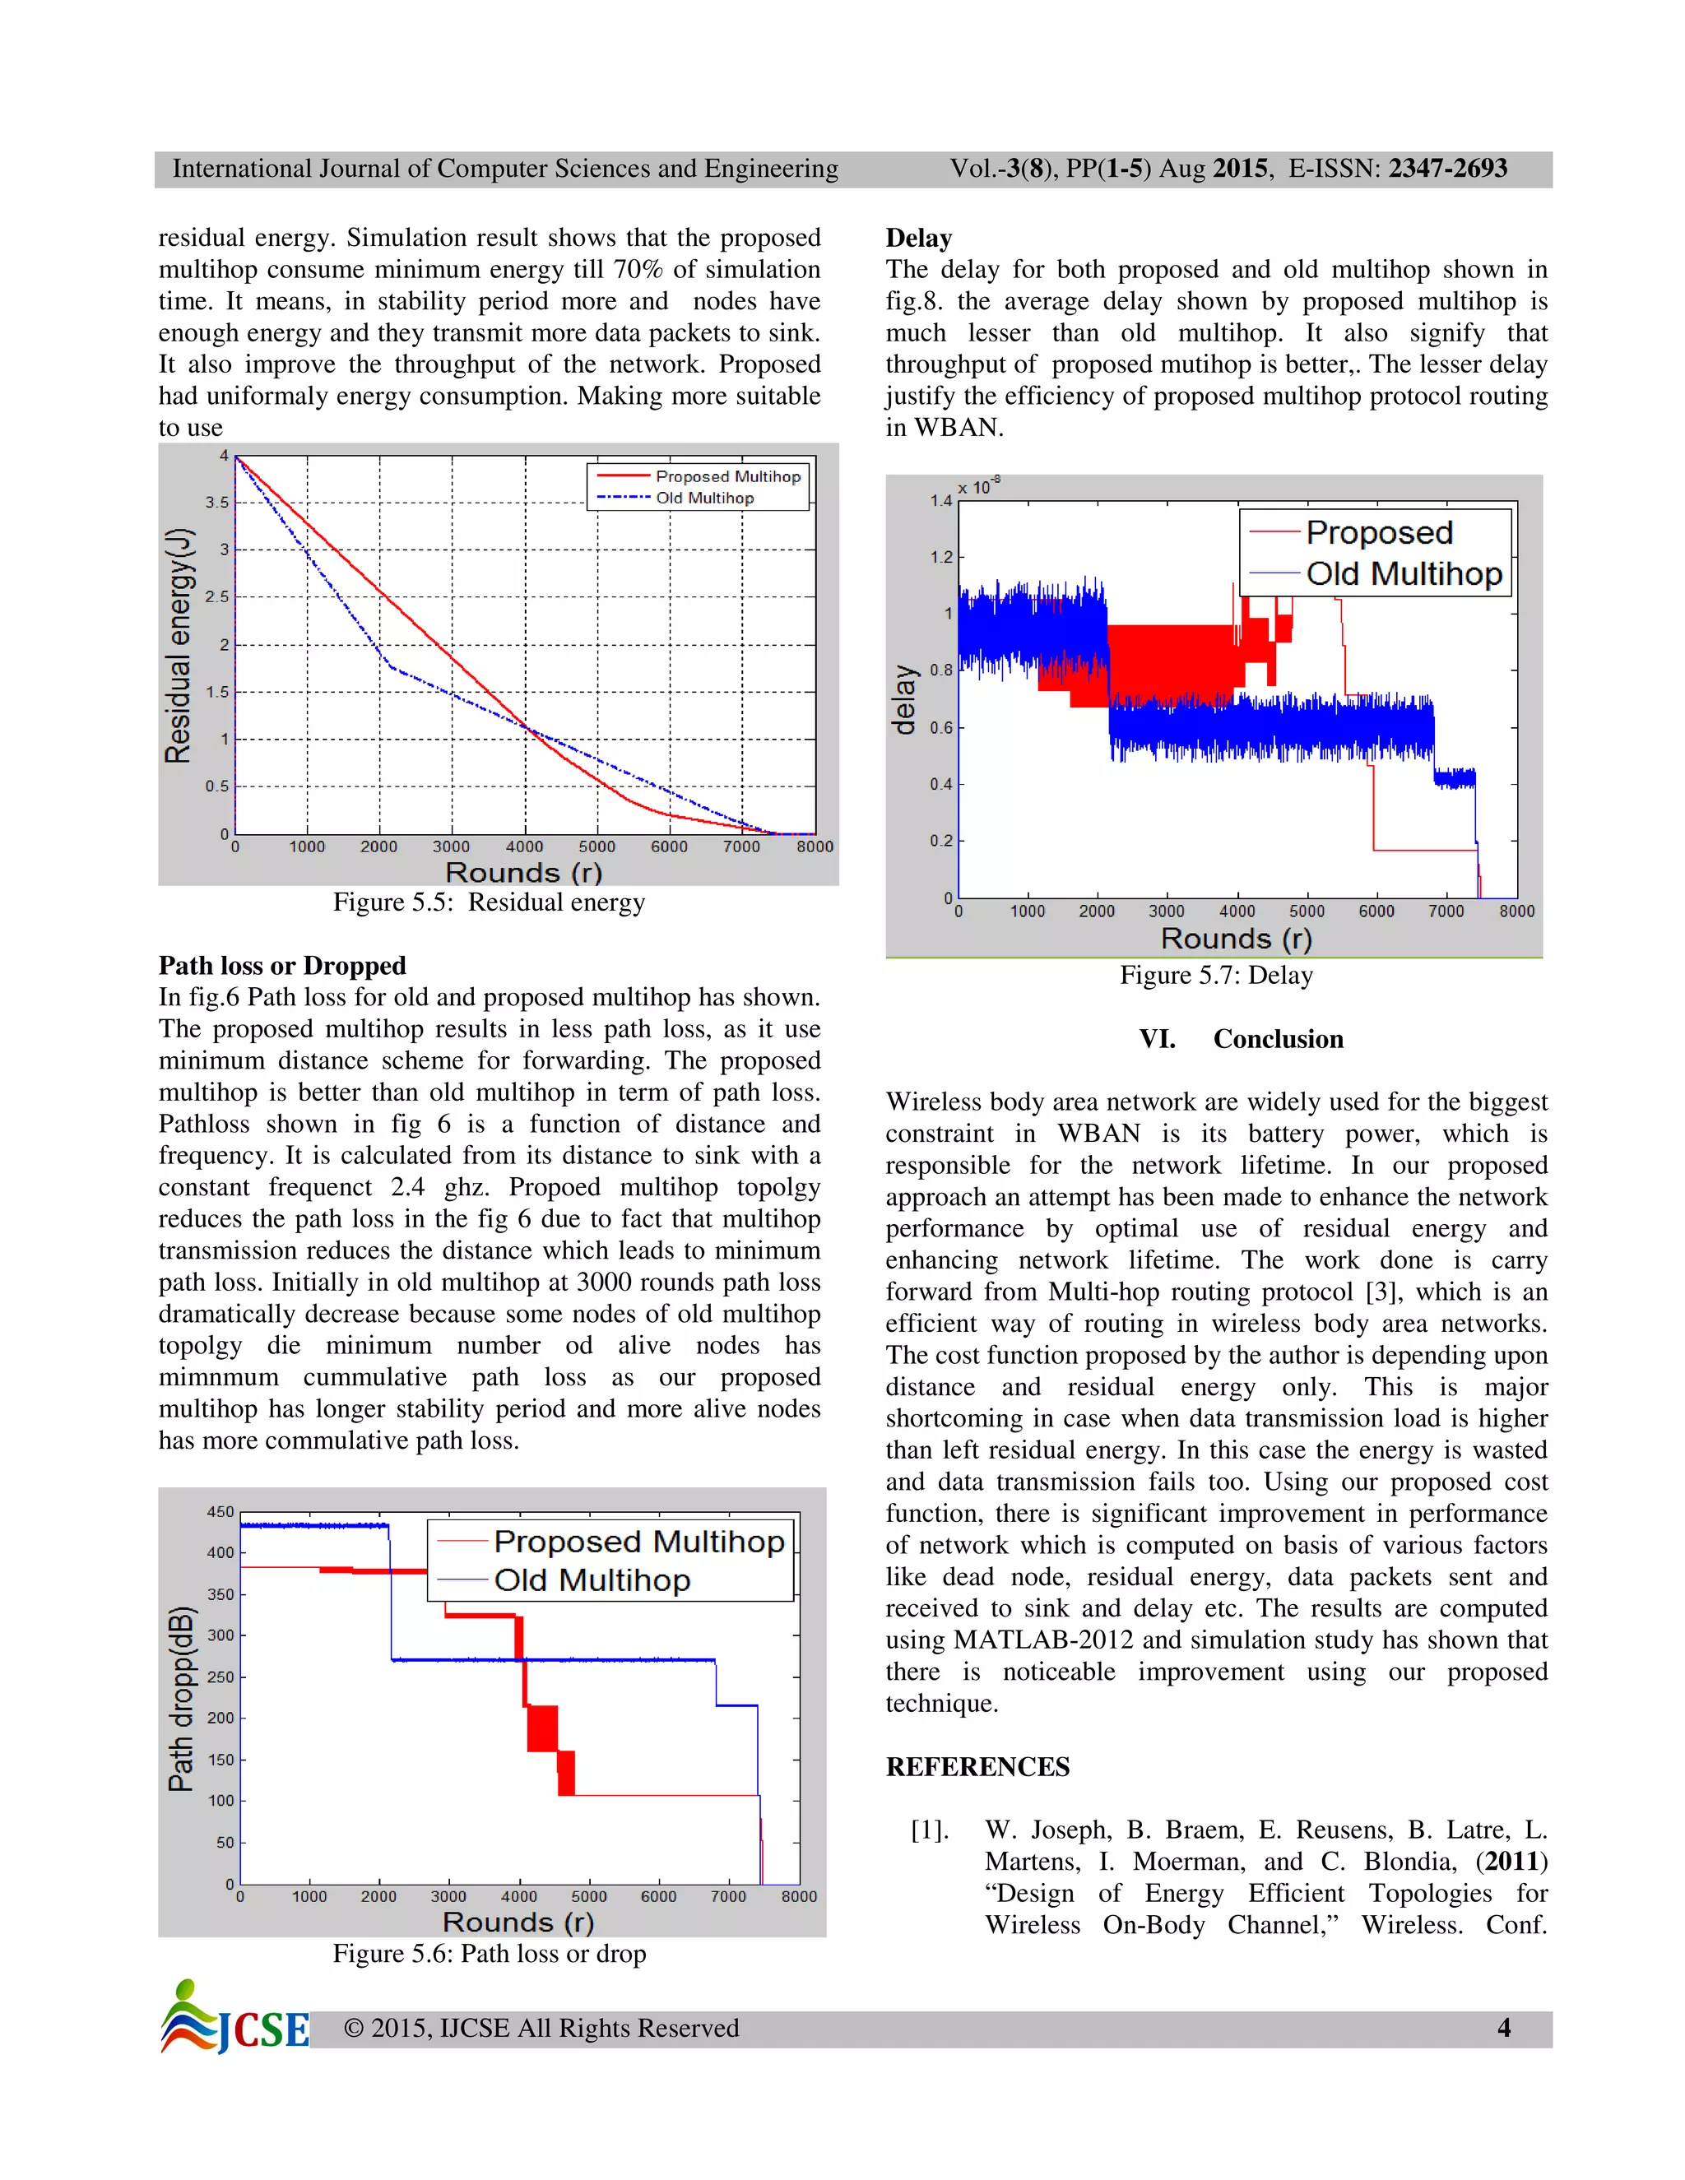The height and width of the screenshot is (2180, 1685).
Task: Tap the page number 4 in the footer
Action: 1503,2027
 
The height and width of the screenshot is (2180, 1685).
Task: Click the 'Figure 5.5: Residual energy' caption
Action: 490,902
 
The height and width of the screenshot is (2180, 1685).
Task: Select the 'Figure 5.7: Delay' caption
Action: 1216,975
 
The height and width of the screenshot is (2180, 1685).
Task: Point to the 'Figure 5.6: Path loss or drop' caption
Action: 490,1954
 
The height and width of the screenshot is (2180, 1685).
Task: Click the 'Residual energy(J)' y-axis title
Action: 178,646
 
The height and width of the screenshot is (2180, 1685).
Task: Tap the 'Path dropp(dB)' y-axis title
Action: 179,1699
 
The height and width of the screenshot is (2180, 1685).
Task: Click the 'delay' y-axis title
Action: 904,700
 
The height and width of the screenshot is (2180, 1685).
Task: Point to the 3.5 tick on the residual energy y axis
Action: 216,502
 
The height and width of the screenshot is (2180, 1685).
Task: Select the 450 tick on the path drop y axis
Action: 220,1512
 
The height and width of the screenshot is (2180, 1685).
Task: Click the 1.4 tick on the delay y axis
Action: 940,501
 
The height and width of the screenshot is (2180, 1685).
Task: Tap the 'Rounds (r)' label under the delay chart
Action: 1236,939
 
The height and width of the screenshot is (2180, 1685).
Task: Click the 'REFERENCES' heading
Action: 977,1767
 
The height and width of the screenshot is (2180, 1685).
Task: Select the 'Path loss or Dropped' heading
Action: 282,965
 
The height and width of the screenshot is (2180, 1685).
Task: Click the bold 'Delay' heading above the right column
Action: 918,238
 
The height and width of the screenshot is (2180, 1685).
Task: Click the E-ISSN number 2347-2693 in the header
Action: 1447,169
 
